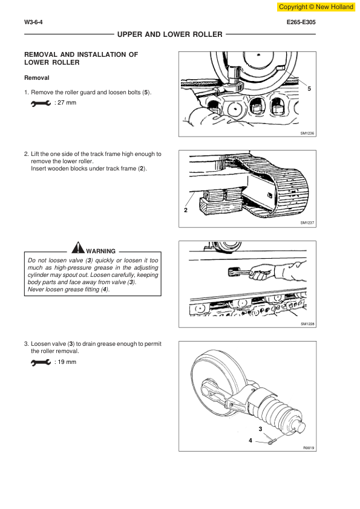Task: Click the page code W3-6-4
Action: [33, 22]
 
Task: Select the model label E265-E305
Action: [301, 22]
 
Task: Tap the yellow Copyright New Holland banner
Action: [316, 7]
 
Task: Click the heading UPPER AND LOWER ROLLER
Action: [170, 34]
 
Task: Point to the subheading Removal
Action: [37, 78]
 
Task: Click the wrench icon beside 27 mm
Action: [41, 103]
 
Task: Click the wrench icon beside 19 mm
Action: [41, 362]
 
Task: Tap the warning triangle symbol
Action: [78, 247]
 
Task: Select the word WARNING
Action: [100, 251]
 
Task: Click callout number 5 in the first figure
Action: [309, 89]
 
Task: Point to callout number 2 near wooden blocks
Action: [186, 210]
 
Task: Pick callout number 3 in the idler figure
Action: [260, 429]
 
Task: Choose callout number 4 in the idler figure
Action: [250, 441]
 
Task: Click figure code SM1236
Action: [307, 134]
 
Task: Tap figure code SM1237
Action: [307, 222]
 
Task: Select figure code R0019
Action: [309, 448]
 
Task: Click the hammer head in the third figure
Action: [234, 271]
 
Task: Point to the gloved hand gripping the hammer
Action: [262, 272]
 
